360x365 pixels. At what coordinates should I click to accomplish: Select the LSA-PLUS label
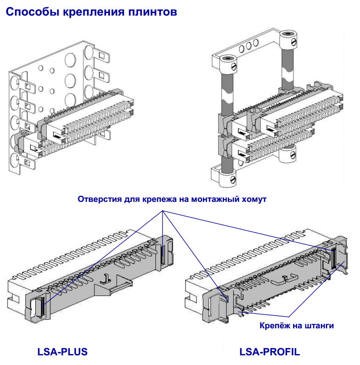click(x=62, y=352)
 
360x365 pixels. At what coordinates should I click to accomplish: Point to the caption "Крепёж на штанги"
click(x=297, y=325)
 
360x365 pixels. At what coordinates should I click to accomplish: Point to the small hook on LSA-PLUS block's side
click(x=105, y=278)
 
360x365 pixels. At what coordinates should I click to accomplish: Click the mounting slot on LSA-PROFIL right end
click(x=333, y=258)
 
